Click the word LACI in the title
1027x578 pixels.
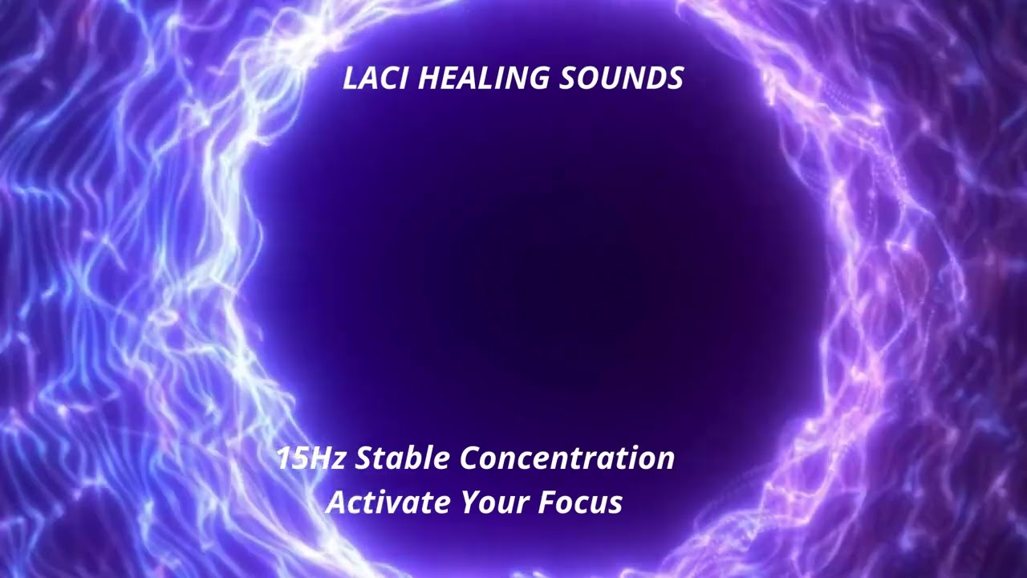[x=376, y=79]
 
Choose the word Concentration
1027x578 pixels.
[x=567, y=458]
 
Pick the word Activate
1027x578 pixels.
[x=388, y=502]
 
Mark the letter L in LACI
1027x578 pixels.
[x=350, y=79]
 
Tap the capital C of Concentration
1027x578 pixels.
[x=470, y=458]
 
